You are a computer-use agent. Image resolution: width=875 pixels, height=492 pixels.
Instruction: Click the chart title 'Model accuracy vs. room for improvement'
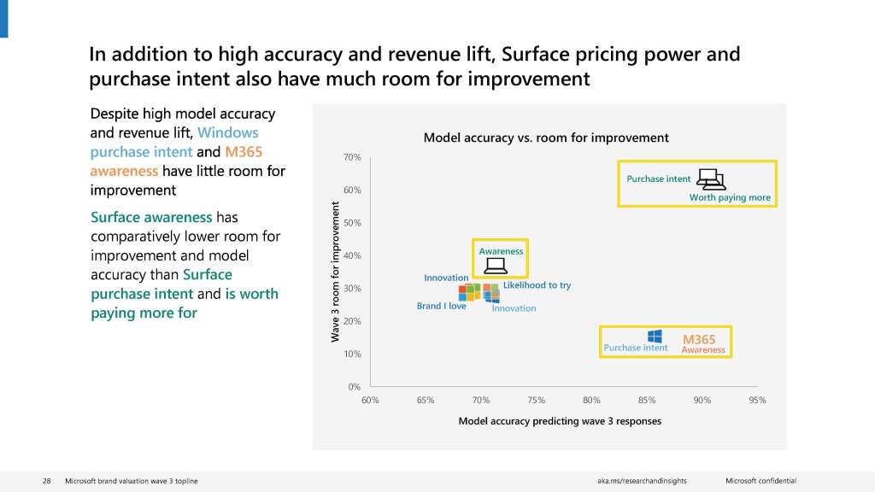tap(546, 138)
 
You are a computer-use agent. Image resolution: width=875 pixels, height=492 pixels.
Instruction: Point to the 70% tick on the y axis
tap(353, 157)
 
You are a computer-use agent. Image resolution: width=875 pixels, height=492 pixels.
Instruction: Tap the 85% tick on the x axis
tap(647, 400)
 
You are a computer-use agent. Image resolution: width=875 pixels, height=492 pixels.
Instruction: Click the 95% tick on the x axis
tap(757, 400)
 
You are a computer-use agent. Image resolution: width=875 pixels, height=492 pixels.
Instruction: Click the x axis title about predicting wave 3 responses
tap(560, 421)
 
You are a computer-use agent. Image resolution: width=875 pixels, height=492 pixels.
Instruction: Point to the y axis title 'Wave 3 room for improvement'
tap(335, 272)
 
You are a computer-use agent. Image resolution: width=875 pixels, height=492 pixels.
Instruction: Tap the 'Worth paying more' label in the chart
tap(730, 197)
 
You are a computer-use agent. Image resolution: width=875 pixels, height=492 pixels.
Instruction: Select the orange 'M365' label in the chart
tap(699, 339)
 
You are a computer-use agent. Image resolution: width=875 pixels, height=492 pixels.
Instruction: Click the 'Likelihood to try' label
tap(537, 285)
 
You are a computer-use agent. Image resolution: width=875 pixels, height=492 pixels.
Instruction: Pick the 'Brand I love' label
tap(441, 306)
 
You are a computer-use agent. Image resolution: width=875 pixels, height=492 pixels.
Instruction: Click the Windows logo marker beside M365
tap(655, 336)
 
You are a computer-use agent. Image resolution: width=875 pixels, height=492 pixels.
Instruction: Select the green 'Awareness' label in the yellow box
tap(501, 251)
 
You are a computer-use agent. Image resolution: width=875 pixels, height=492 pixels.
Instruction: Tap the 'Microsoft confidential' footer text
tap(760, 482)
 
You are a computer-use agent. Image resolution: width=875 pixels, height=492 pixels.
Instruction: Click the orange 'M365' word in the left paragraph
tap(244, 152)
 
